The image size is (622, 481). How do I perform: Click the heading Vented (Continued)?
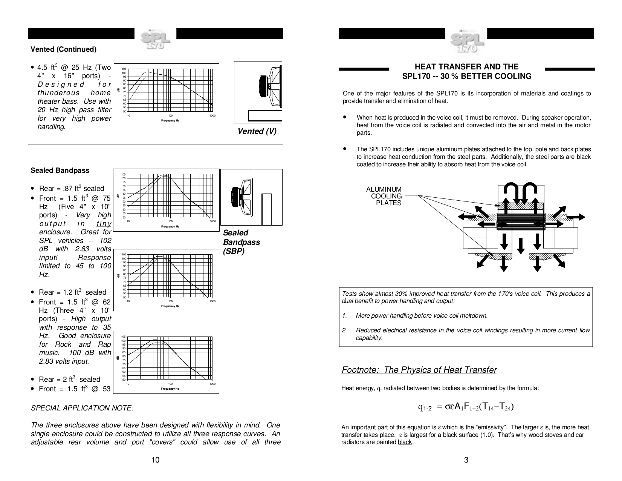63,49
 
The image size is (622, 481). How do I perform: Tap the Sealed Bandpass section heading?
60,171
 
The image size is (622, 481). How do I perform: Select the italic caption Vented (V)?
257,131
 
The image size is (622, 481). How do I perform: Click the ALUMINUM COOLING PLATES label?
384,196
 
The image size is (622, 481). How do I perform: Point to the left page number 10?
155,460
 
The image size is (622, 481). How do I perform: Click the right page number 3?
466,460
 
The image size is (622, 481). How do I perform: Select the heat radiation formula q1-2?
466,407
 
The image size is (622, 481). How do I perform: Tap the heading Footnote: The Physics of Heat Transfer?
419,370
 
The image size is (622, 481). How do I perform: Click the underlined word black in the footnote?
405,442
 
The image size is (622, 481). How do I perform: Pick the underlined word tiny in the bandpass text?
104,223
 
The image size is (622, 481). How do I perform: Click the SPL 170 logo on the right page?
466,41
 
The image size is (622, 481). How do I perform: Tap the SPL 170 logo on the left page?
155,41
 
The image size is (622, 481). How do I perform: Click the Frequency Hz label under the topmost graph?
170,120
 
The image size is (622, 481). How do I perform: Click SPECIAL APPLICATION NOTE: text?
82,408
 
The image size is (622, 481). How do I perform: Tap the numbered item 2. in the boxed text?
344,330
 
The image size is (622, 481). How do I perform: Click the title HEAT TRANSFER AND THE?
466,67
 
